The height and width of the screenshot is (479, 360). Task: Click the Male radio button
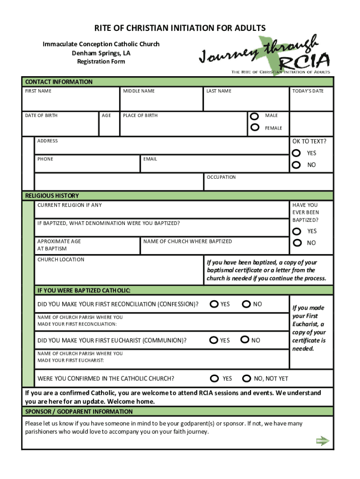[x=255, y=116]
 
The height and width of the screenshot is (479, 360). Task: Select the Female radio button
[x=255, y=127]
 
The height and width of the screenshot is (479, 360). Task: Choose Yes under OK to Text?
[x=296, y=153]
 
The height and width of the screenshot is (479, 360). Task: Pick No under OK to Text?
[x=296, y=165]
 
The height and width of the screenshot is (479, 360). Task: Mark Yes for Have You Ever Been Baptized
[x=296, y=231]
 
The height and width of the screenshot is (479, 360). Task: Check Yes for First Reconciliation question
[x=214, y=304]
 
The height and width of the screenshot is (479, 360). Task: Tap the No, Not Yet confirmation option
[x=246, y=378]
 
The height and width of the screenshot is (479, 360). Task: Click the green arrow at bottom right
[x=323, y=441]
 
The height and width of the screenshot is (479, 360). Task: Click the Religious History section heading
[x=52, y=196]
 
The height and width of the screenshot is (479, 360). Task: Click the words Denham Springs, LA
[x=101, y=53]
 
